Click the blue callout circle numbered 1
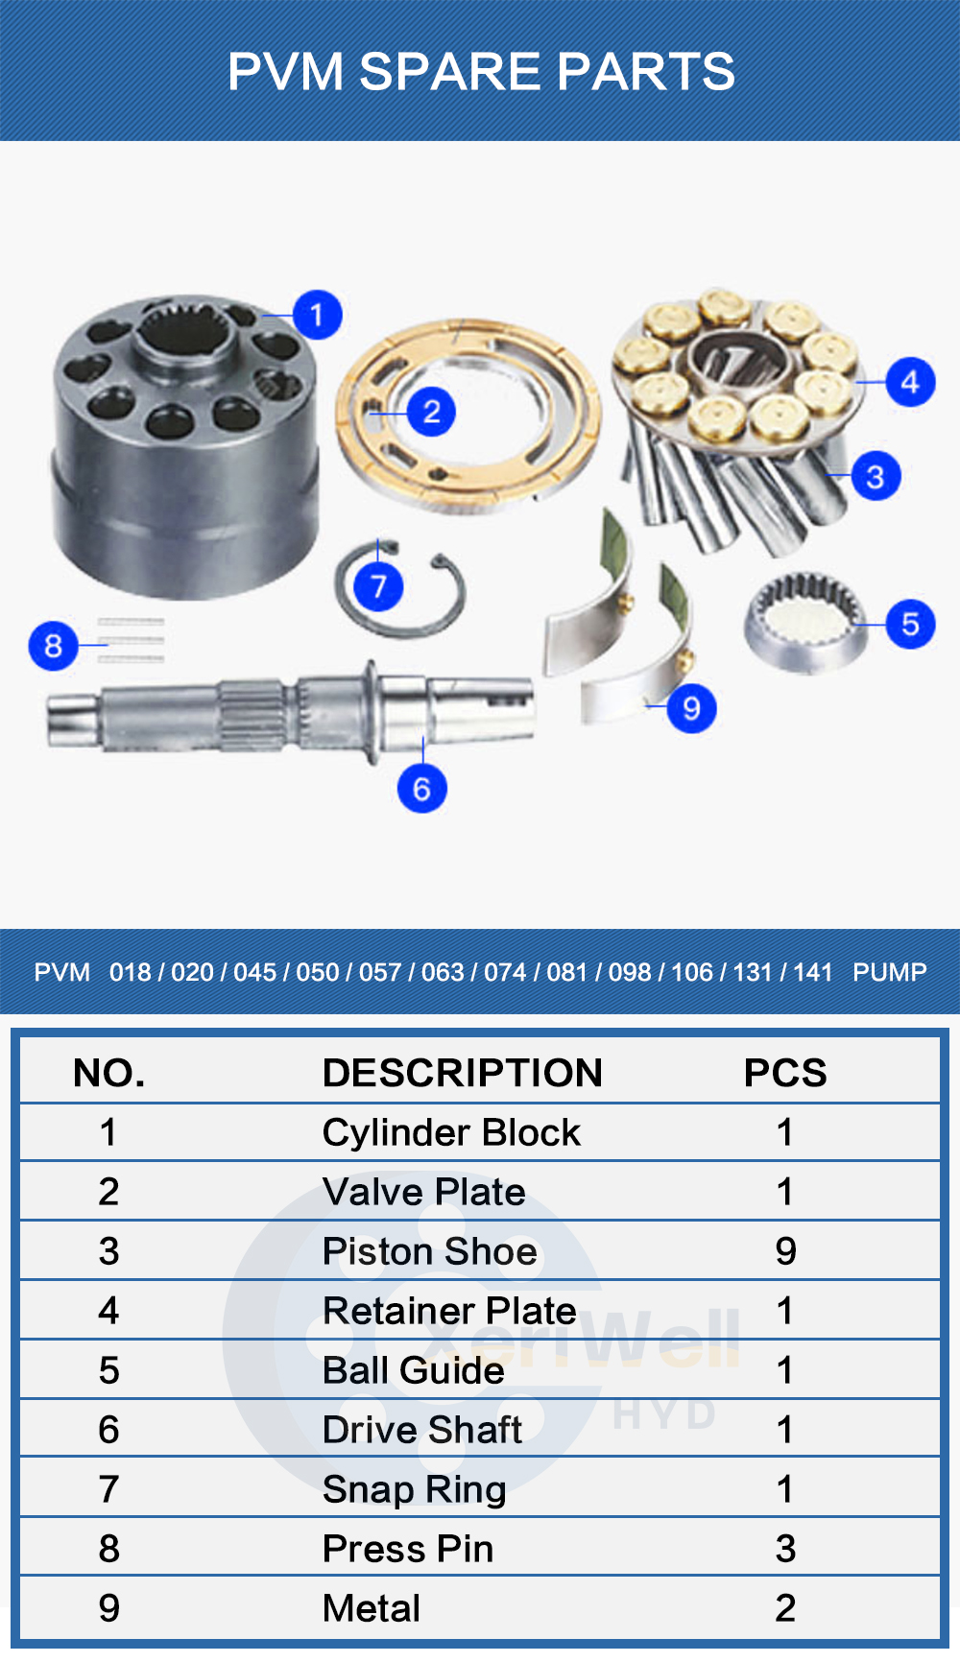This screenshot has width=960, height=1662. (317, 314)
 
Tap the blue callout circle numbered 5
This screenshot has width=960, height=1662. (910, 624)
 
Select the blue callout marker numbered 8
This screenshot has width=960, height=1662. (53, 646)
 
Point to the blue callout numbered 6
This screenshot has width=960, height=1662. (421, 788)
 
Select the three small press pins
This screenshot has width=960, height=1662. (131, 640)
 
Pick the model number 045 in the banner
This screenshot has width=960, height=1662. (254, 972)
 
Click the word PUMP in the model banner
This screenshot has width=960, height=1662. (889, 972)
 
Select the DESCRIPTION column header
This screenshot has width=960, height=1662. (462, 1073)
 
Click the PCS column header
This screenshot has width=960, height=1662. (784, 1073)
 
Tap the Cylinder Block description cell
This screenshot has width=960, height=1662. (451, 1132)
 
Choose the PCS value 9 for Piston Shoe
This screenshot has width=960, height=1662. (785, 1251)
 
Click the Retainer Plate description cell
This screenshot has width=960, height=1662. (449, 1311)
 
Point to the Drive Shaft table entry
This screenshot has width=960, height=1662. (422, 1430)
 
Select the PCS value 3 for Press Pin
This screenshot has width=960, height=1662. (785, 1549)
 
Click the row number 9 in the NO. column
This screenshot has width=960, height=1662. (108, 1608)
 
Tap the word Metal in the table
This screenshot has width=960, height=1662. (372, 1608)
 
